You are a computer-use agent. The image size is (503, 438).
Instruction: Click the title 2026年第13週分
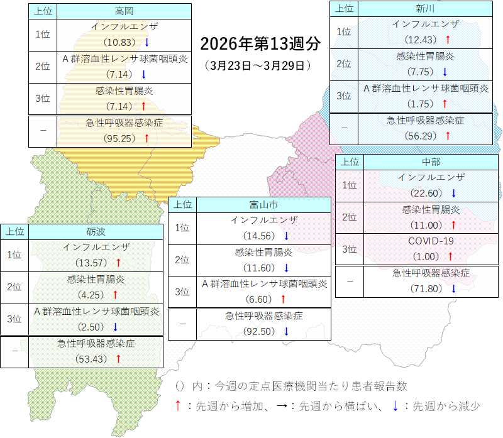click(x=260, y=44)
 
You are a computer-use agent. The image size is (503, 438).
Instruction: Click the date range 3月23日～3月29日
click(x=258, y=65)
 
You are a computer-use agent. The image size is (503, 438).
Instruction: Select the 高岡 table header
click(x=124, y=11)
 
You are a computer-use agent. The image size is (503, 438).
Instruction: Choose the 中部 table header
click(x=431, y=162)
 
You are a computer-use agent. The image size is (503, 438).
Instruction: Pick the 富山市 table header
click(x=263, y=204)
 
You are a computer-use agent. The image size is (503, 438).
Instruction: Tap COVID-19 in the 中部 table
click(x=431, y=241)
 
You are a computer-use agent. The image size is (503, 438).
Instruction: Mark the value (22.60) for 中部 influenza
click(x=427, y=192)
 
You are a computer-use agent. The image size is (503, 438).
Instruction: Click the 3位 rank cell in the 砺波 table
click(x=14, y=319)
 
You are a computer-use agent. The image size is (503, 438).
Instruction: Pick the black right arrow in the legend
click(x=283, y=407)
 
